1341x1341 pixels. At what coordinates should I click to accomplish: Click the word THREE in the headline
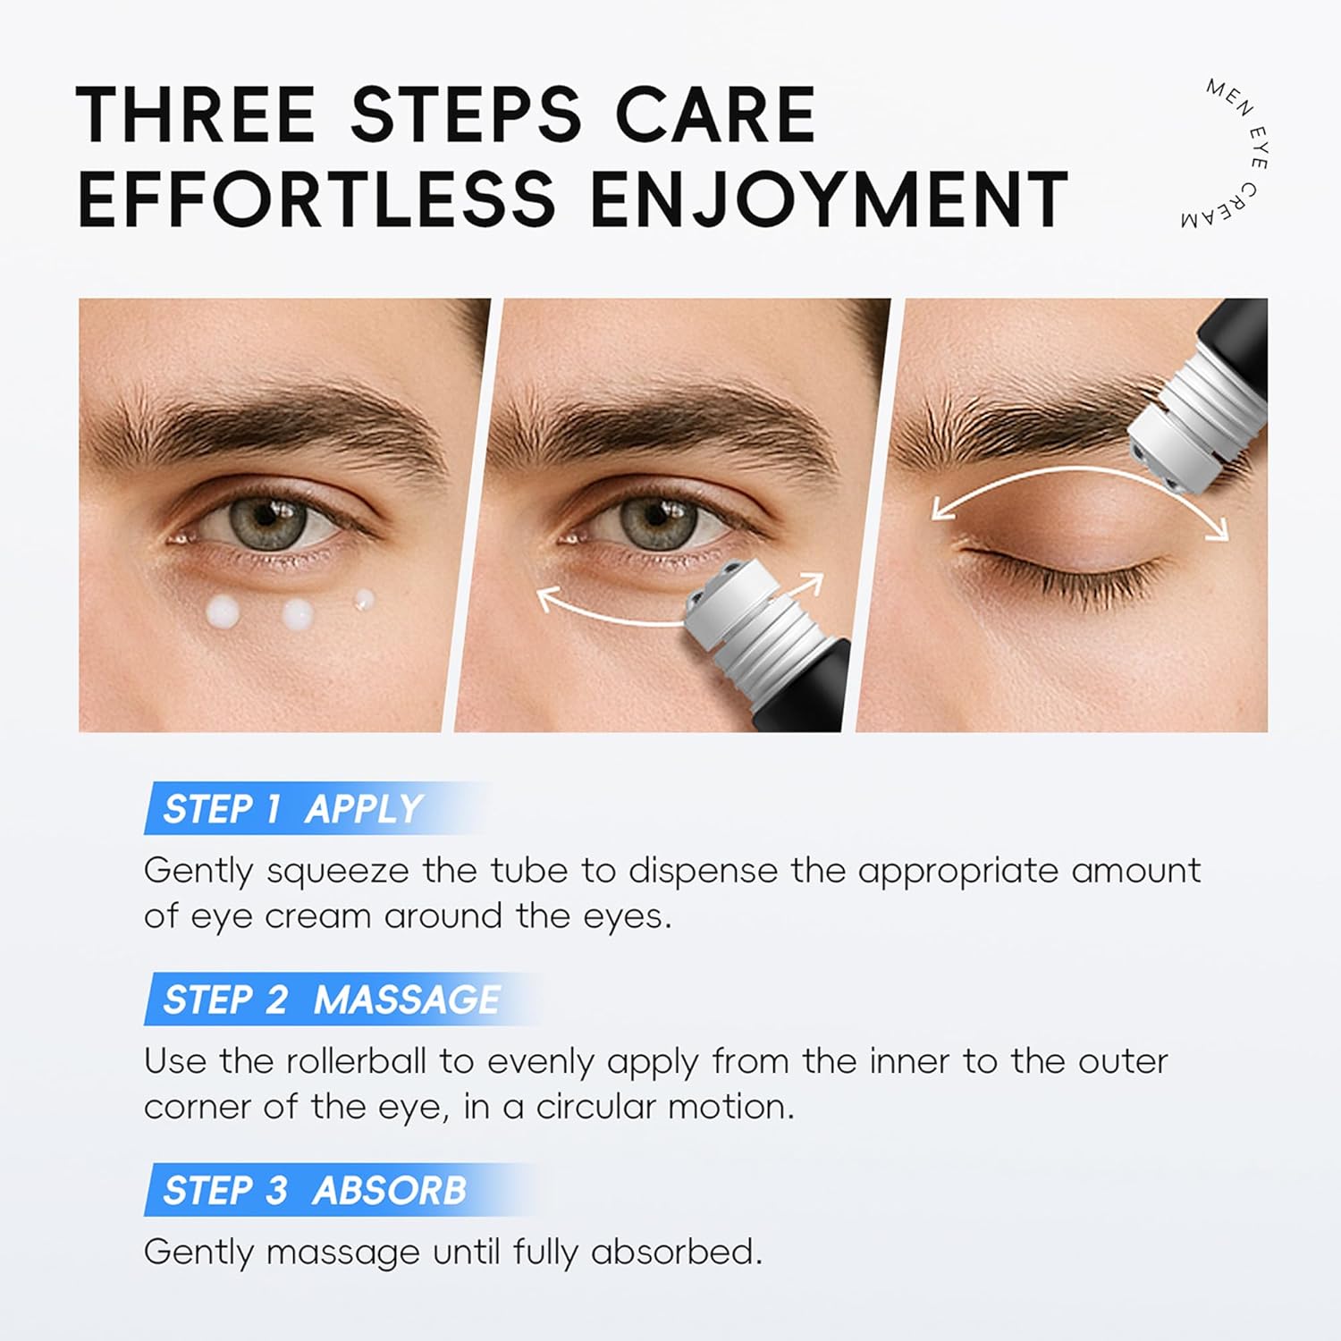(195, 114)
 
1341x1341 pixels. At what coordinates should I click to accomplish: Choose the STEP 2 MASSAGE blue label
(331, 999)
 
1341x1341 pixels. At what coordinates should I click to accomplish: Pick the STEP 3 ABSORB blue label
(315, 1190)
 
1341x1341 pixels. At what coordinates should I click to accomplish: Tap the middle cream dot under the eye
(298, 614)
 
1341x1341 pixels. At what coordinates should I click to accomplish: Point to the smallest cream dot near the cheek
(364, 598)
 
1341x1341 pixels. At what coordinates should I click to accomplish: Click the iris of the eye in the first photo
(266, 519)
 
